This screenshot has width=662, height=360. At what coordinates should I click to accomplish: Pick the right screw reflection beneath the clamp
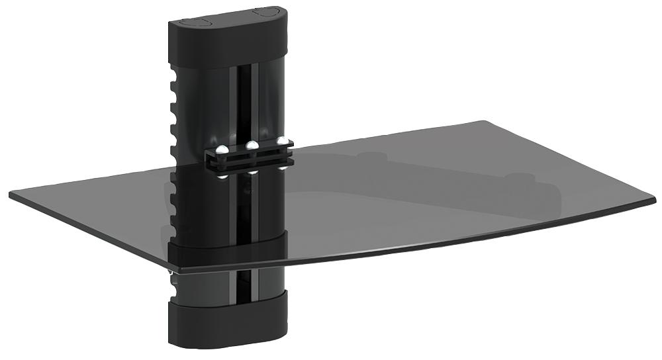(x=283, y=168)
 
